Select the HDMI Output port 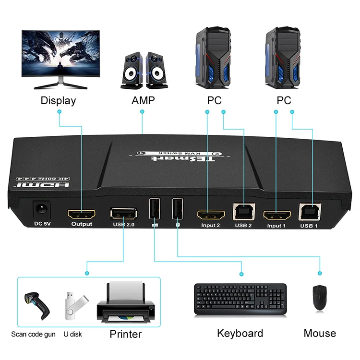(82, 213)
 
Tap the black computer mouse (319, 298)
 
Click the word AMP (143, 101)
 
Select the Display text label (58, 101)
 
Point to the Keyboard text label (240, 333)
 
